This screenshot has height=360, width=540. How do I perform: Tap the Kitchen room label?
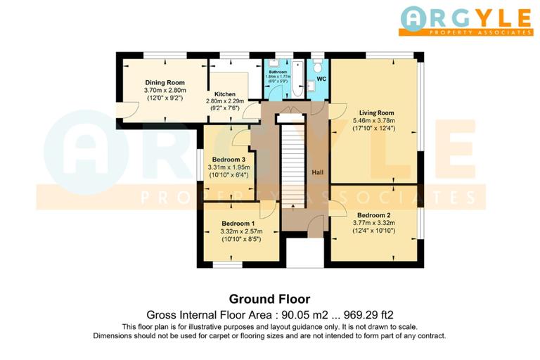coord(225,94)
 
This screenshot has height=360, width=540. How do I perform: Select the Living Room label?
coord(376,112)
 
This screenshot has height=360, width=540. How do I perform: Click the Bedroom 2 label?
coord(373,215)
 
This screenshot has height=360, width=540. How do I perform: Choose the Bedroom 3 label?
coord(229,160)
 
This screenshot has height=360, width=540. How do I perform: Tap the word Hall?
coord(318,172)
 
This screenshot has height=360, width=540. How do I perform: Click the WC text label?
coord(321,79)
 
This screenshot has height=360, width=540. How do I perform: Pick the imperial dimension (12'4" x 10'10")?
coord(373,231)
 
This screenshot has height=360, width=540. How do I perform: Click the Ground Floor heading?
coord(269,299)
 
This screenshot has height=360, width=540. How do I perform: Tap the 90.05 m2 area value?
coord(311,314)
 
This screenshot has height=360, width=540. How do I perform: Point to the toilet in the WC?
coord(319,67)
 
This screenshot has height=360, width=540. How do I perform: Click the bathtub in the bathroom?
coord(298,81)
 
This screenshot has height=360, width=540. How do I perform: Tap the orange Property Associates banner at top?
coord(465,32)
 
